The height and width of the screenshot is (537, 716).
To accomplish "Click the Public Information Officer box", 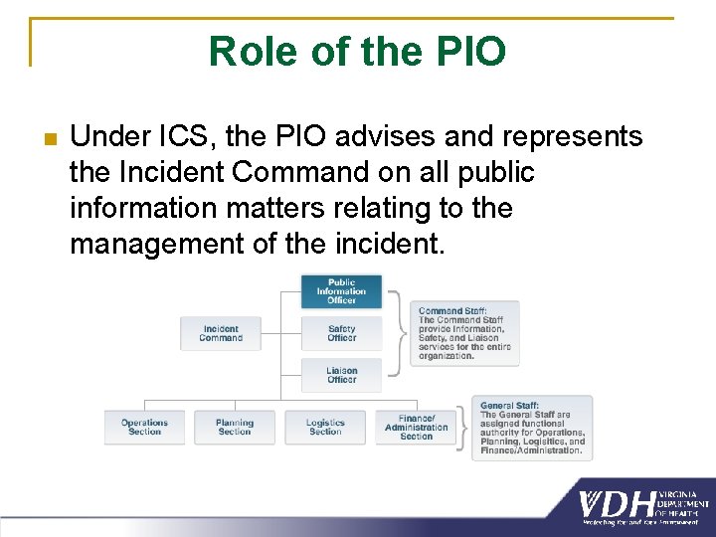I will coord(341,291).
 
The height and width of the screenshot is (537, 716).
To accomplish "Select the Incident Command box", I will coord(221,333).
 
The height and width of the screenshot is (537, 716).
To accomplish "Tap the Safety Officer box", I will coord(341,333).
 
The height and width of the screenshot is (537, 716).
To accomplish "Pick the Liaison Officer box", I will coord(341,375).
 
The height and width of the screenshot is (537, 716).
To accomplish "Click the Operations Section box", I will coord(144,427).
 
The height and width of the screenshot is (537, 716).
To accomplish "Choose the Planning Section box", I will coord(235,427).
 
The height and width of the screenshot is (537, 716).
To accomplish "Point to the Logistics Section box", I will coord(325,427).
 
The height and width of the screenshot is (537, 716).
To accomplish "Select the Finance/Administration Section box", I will coord(416,427).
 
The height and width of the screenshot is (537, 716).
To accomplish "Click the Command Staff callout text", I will coord(464,333).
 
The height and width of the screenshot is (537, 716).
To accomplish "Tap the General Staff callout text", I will coord(532,428).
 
